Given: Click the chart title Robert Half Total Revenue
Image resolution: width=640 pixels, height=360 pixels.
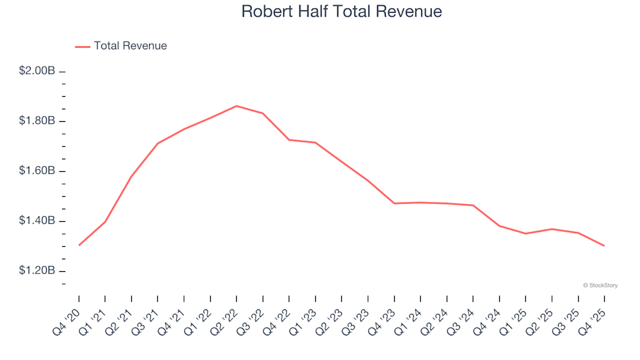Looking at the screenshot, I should pyautogui.click(x=341, y=12).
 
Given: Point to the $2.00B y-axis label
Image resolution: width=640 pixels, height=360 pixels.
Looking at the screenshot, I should pyautogui.click(x=37, y=71).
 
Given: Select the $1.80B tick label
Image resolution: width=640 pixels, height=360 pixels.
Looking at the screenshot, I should pyautogui.click(x=37, y=121).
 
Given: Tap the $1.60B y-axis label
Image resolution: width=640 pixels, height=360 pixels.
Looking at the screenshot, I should pyautogui.click(x=37, y=171).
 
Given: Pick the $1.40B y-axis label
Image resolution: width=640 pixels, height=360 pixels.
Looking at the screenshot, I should pyautogui.click(x=37, y=221).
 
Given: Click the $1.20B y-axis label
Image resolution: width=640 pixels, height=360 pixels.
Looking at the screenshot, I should pyautogui.click(x=37, y=271).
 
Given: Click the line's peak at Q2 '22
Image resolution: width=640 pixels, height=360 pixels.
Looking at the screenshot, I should pyautogui.click(x=237, y=106).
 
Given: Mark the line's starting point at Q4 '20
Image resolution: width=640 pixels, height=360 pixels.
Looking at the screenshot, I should pyautogui.click(x=79, y=245).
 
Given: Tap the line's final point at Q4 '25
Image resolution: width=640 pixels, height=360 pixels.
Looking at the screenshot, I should pyautogui.click(x=605, y=246).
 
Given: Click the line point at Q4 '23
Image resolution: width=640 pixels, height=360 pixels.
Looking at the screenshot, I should pyautogui.click(x=394, y=203).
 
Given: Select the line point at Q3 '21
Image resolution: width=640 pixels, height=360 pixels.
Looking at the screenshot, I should pyautogui.click(x=157, y=143).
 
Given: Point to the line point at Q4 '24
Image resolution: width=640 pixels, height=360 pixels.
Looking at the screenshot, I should pyautogui.click(x=499, y=226).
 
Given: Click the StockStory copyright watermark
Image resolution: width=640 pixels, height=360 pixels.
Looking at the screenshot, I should pyautogui.click(x=600, y=285).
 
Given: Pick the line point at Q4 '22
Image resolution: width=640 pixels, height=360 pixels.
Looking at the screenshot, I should pyautogui.click(x=289, y=140).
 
